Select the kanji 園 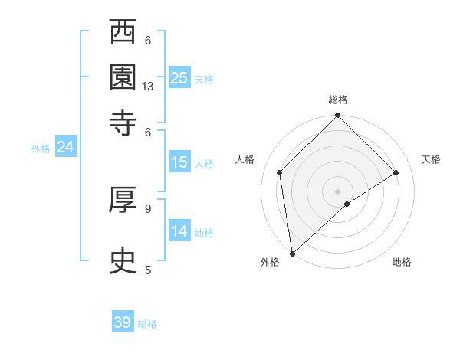(123, 77)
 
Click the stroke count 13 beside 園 (149, 87)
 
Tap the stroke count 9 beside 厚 (148, 208)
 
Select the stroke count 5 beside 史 (148, 270)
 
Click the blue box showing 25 (179, 77)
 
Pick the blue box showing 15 (179, 162)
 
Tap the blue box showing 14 (179, 231)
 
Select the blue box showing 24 (65, 147)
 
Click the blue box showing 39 (123, 322)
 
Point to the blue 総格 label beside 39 (148, 324)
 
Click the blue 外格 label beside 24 (41, 149)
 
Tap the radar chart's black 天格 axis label (431, 159)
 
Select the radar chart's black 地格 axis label (402, 263)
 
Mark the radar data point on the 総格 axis (337, 116)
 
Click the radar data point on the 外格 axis (292, 253)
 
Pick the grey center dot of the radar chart (337, 191)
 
